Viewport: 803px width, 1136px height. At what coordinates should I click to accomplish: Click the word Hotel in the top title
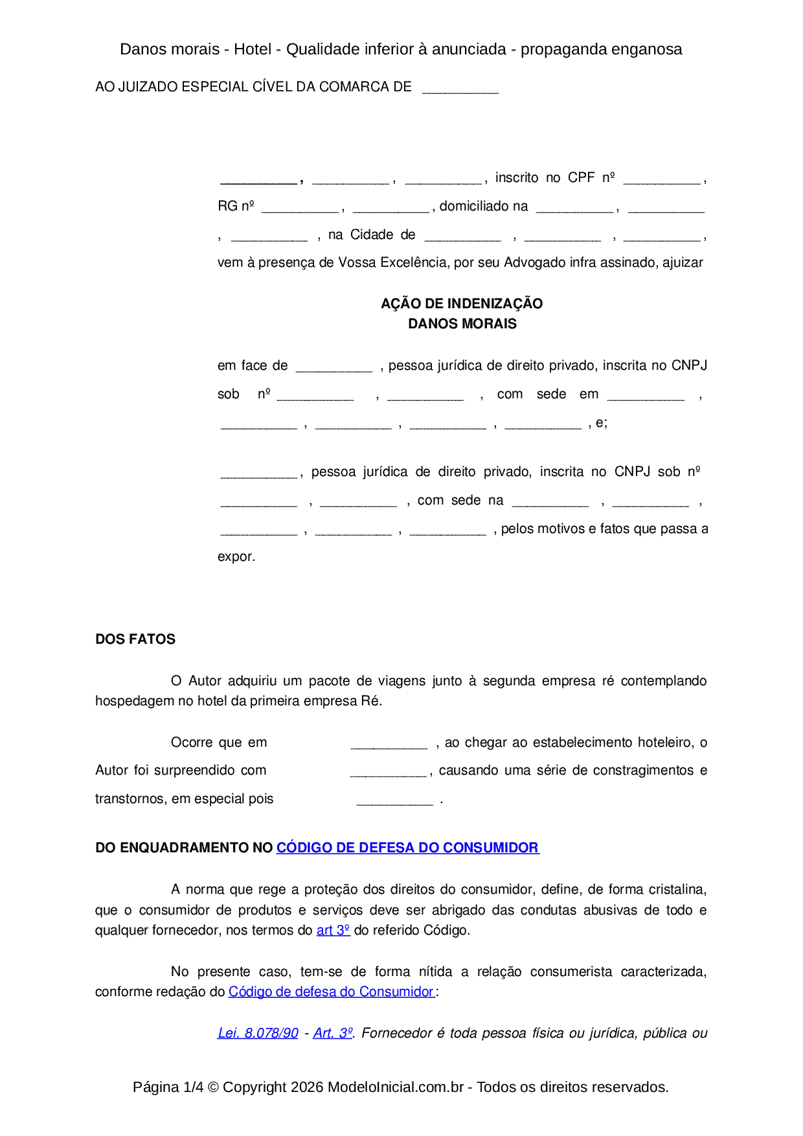(253, 49)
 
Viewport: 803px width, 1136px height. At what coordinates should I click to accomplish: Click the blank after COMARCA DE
(460, 88)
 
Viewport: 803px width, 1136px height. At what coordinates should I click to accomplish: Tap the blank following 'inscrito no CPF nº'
(661, 179)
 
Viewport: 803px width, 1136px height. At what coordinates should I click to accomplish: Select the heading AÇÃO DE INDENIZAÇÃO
(462, 303)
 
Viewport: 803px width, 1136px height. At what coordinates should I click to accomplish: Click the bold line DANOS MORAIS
(462, 324)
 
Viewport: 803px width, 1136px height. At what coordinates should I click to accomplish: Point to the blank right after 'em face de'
(334, 367)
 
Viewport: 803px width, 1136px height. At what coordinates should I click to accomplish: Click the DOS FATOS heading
(135, 639)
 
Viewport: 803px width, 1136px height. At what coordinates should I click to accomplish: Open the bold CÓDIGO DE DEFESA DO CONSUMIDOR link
(407, 848)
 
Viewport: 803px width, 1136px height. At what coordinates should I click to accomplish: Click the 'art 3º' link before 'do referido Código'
(333, 930)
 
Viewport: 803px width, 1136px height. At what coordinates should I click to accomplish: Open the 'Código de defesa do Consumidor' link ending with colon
(331, 992)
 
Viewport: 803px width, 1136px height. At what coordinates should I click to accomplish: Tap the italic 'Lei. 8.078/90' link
(258, 1033)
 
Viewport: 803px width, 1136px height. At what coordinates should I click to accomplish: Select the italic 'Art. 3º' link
(333, 1033)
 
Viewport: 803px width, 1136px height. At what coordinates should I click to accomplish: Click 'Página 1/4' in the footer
(168, 1087)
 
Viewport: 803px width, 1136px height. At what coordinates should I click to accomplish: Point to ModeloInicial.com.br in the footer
(396, 1087)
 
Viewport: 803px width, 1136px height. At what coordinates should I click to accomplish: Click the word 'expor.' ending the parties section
(236, 557)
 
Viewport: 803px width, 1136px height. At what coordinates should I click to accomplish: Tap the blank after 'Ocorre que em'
(389, 744)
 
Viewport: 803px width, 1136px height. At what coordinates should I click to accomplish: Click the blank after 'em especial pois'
(394, 801)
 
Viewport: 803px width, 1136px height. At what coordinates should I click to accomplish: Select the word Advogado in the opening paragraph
(536, 262)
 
